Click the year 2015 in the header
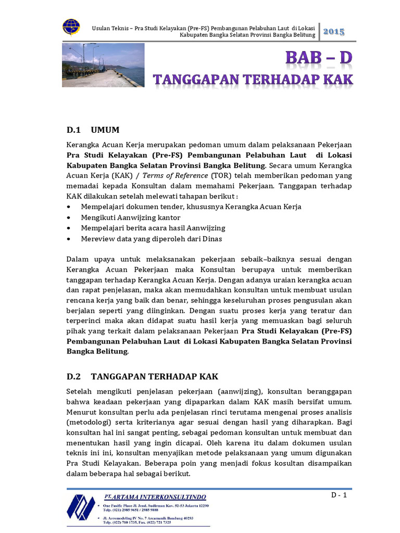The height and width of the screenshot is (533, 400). tap(334, 32)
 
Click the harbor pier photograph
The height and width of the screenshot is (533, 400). tap(103, 65)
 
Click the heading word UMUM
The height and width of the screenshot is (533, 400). tap(105, 130)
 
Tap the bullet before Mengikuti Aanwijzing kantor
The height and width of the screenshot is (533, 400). tap(70, 218)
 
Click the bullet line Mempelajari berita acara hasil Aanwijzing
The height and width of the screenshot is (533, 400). tap(153, 228)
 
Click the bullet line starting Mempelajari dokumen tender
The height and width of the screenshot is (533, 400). tap(191, 207)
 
